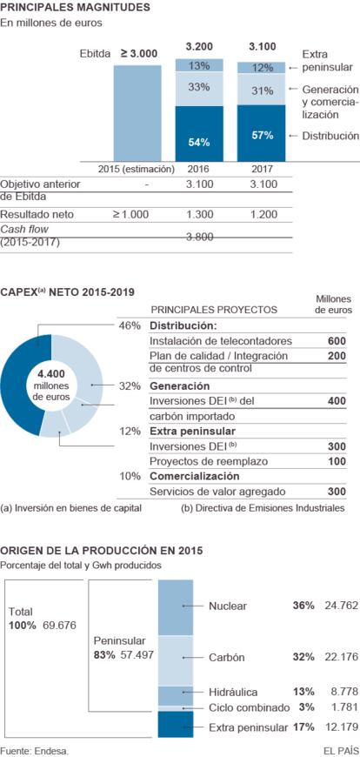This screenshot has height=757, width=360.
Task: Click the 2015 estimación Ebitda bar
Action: click(137, 113)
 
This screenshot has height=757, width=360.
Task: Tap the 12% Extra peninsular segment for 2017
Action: click(261, 68)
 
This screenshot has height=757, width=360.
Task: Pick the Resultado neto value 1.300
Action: click(199, 214)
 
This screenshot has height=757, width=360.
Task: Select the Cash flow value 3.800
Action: click(199, 237)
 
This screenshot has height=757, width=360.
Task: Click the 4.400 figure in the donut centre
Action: click(51, 374)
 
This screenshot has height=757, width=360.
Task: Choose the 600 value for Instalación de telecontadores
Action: click(337, 341)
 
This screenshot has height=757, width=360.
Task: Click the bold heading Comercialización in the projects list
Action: click(195, 476)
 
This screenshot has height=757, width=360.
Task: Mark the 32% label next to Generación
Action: click(130, 386)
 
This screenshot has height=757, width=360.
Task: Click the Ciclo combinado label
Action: click(250, 707)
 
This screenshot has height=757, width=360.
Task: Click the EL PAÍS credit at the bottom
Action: click(341, 751)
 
